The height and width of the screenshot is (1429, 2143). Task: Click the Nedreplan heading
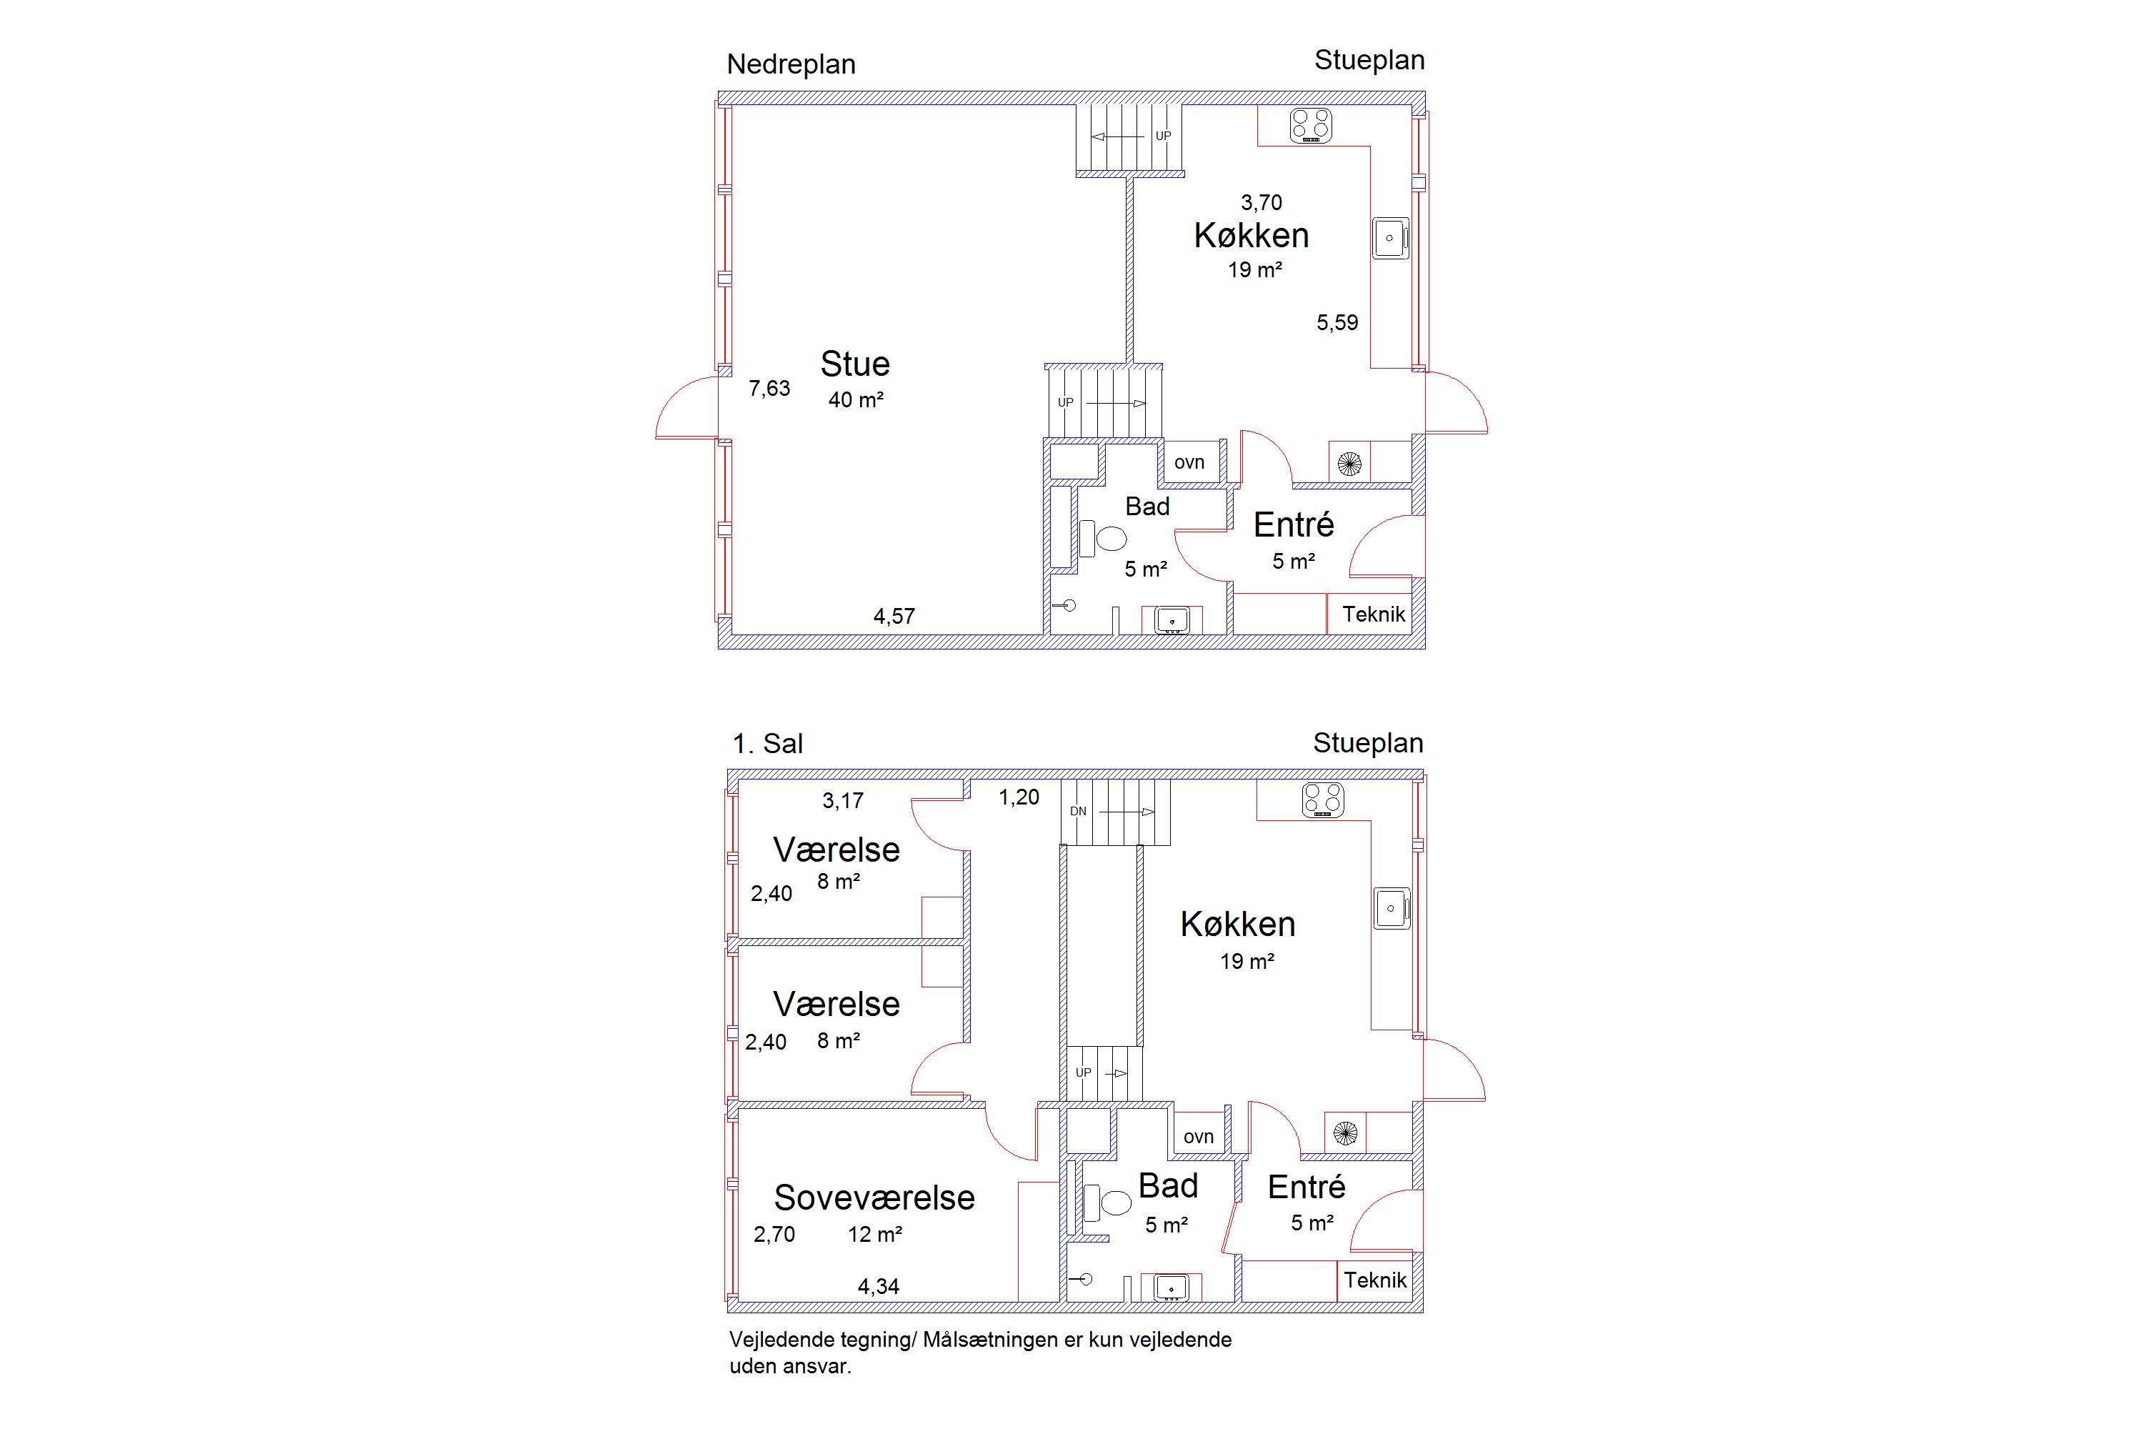[x=791, y=65]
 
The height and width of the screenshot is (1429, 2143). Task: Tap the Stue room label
[x=854, y=364]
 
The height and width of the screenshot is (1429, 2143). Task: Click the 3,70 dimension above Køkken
[x=1261, y=202]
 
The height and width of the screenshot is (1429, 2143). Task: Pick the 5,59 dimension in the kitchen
[x=1337, y=323]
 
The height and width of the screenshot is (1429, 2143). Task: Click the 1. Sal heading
[x=767, y=744]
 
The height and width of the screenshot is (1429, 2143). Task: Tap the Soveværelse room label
[x=874, y=1198]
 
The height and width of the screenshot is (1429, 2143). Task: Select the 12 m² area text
[x=874, y=1234]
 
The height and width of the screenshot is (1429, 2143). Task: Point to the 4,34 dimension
[x=879, y=1287]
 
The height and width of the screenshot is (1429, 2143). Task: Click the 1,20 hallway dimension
[x=1019, y=797]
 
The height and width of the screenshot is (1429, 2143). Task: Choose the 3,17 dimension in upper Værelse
[x=843, y=801]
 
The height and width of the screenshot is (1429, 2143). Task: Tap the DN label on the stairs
[x=1078, y=811]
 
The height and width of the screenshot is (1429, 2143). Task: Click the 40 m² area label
[x=856, y=399]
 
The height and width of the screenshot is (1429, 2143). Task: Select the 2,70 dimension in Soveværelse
[x=774, y=1235]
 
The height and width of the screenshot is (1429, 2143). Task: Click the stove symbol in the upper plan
[x=1311, y=126]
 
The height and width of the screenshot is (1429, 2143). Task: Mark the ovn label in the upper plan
[x=1189, y=462]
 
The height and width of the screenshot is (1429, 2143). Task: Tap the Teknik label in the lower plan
[x=1375, y=1280]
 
